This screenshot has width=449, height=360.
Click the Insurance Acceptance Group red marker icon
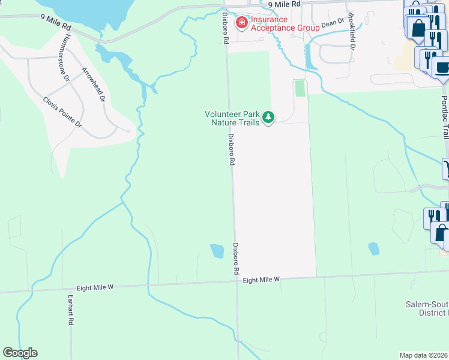(242, 23)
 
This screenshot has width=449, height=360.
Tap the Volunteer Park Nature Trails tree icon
(270, 117)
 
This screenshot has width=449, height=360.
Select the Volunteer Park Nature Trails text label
(232, 118)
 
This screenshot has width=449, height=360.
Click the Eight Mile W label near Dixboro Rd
(262, 280)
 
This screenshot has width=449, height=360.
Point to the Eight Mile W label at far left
(94, 288)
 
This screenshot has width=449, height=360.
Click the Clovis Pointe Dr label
(62, 112)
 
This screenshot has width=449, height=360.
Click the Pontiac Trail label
(445, 116)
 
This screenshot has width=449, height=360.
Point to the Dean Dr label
(332, 23)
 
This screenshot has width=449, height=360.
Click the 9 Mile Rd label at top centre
(284, 4)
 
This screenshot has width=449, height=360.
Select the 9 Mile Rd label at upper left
(56, 23)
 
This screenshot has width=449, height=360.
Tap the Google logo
(20, 353)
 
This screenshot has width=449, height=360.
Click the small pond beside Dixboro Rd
(217, 251)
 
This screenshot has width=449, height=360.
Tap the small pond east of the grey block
(373, 248)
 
